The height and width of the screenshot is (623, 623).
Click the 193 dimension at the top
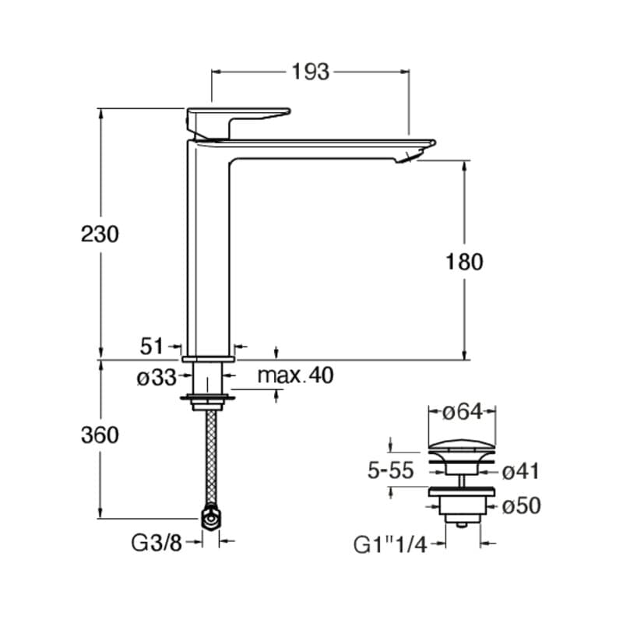[x=311, y=72]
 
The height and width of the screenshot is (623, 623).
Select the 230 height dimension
[x=100, y=234]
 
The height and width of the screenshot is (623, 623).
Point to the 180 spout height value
[x=464, y=262]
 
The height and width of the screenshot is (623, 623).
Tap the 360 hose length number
[x=100, y=435]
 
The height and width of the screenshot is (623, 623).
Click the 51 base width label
[x=152, y=347]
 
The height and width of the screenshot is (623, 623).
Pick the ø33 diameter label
[x=157, y=378]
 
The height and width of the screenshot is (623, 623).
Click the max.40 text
[x=296, y=375]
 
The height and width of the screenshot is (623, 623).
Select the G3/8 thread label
[x=157, y=543]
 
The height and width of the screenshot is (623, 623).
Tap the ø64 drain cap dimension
[x=462, y=412]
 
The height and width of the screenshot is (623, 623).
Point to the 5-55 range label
[x=391, y=471]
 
